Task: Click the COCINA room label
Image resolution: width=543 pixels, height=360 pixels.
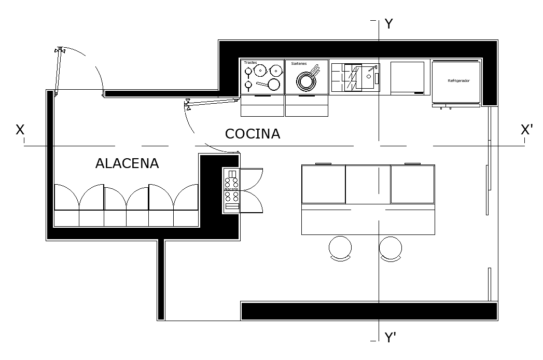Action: (x=253, y=134)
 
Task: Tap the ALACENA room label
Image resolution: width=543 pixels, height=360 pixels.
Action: (x=127, y=163)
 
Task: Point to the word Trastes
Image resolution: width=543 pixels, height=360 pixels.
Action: (x=250, y=62)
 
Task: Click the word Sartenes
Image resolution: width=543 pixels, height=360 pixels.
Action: (x=299, y=63)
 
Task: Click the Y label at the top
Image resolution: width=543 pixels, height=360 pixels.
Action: (x=389, y=24)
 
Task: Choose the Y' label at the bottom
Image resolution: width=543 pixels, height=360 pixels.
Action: (x=391, y=338)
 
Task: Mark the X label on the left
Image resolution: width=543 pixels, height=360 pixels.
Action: (x=20, y=130)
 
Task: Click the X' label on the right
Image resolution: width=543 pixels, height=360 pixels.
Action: (x=526, y=130)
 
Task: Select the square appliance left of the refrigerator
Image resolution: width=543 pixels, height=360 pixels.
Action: (x=407, y=77)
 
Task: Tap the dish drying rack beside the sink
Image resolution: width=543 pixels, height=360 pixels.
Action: (x=346, y=77)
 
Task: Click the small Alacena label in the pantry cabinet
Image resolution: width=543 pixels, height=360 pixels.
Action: (x=231, y=189)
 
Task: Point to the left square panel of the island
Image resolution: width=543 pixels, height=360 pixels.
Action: (x=323, y=184)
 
